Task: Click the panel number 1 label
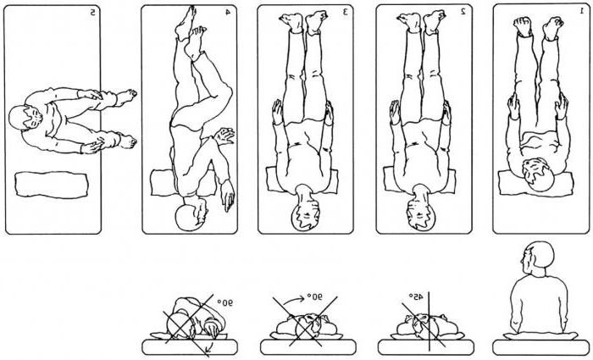[582, 11]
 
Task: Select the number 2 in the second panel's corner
[463, 12]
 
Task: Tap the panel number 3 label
[345, 12]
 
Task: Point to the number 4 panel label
[228, 12]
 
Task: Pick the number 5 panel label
[92, 13]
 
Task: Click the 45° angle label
[416, 297]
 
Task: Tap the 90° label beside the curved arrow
[314, 296]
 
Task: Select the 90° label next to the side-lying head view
[224, 302]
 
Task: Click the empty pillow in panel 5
[52, 185]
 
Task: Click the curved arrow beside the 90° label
[294, 300]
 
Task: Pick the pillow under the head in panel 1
[535, 184]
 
